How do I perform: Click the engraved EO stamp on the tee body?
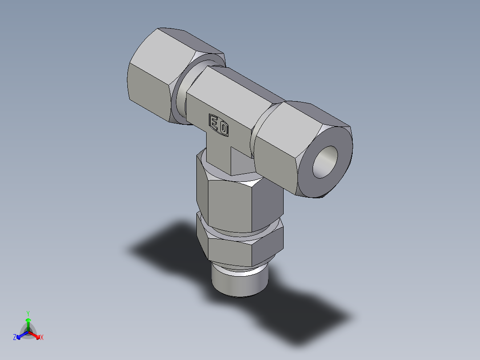[x=219, y=125]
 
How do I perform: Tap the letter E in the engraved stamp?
[x=214, y=122]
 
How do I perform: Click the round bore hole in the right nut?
[x=325, y=162]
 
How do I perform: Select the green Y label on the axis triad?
[x=28, y=313]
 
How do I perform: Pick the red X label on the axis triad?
[x=42, y=338]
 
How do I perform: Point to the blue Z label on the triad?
[x=15, y=338]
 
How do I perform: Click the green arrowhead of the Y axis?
[x=28, y=320]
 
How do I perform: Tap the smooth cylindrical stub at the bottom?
[x=240, y=283]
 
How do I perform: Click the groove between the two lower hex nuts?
[x=240, y=233]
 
